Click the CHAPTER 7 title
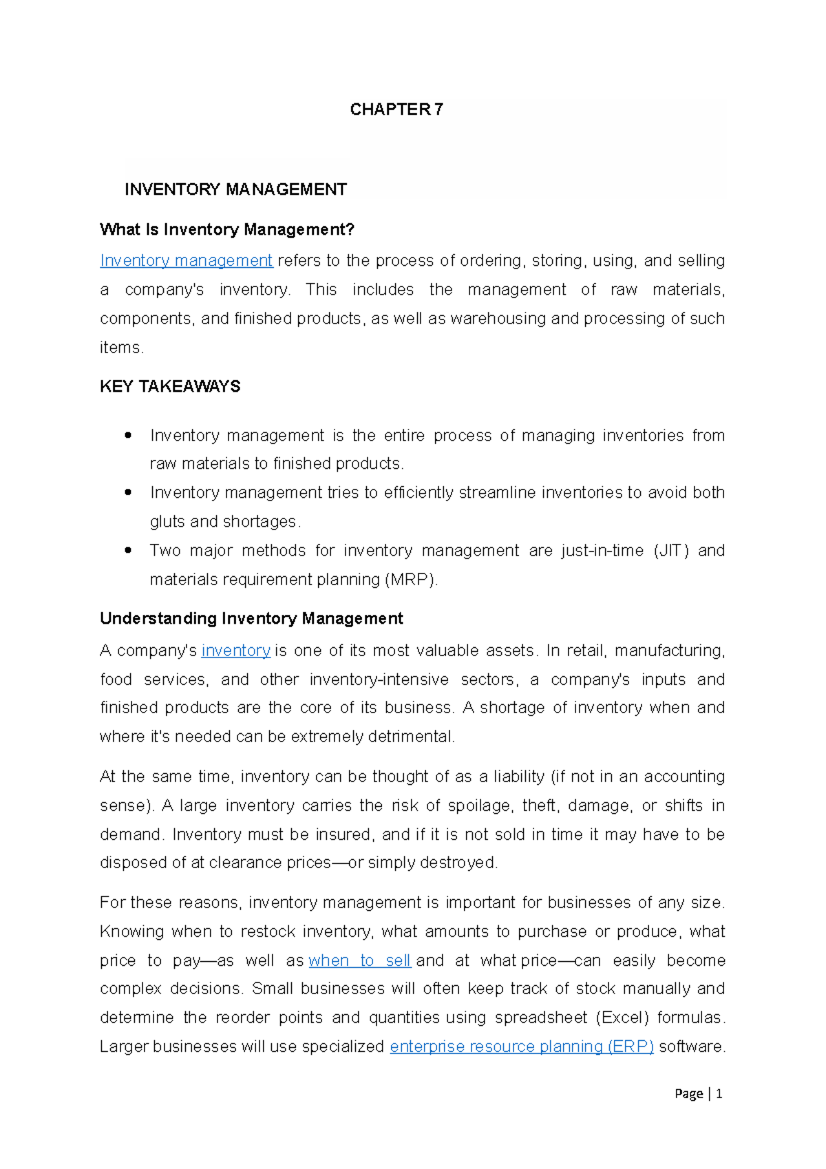pos(396,109)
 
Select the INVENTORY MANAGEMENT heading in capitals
pos(235,189)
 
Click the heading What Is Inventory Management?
pos(226,229)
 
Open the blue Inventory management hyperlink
pos(186,261)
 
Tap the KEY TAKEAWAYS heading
pos(170,386)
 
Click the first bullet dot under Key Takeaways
pos(128,435)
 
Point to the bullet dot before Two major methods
pos(128,551)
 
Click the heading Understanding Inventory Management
pos(251,618)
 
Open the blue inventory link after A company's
pos(235,651)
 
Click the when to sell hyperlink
pos(359,960)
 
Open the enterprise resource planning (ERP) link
pos(521,1046)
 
